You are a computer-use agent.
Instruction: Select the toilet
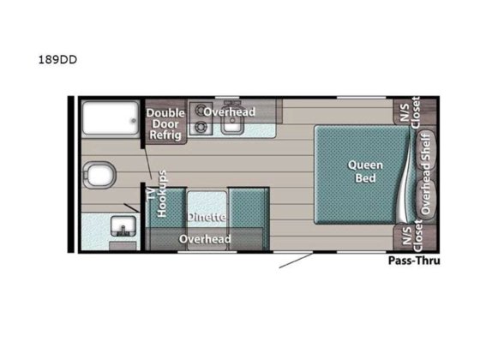click(x=98, y=177)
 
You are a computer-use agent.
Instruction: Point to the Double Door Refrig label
click(x=166, y=123)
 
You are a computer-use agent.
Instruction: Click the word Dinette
click(x=207, y=218)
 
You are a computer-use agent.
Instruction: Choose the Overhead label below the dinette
click(x=204, y=239)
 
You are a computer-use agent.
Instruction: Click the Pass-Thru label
click(x=413, y=260)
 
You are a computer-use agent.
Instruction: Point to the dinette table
click(x=207, y=206)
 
